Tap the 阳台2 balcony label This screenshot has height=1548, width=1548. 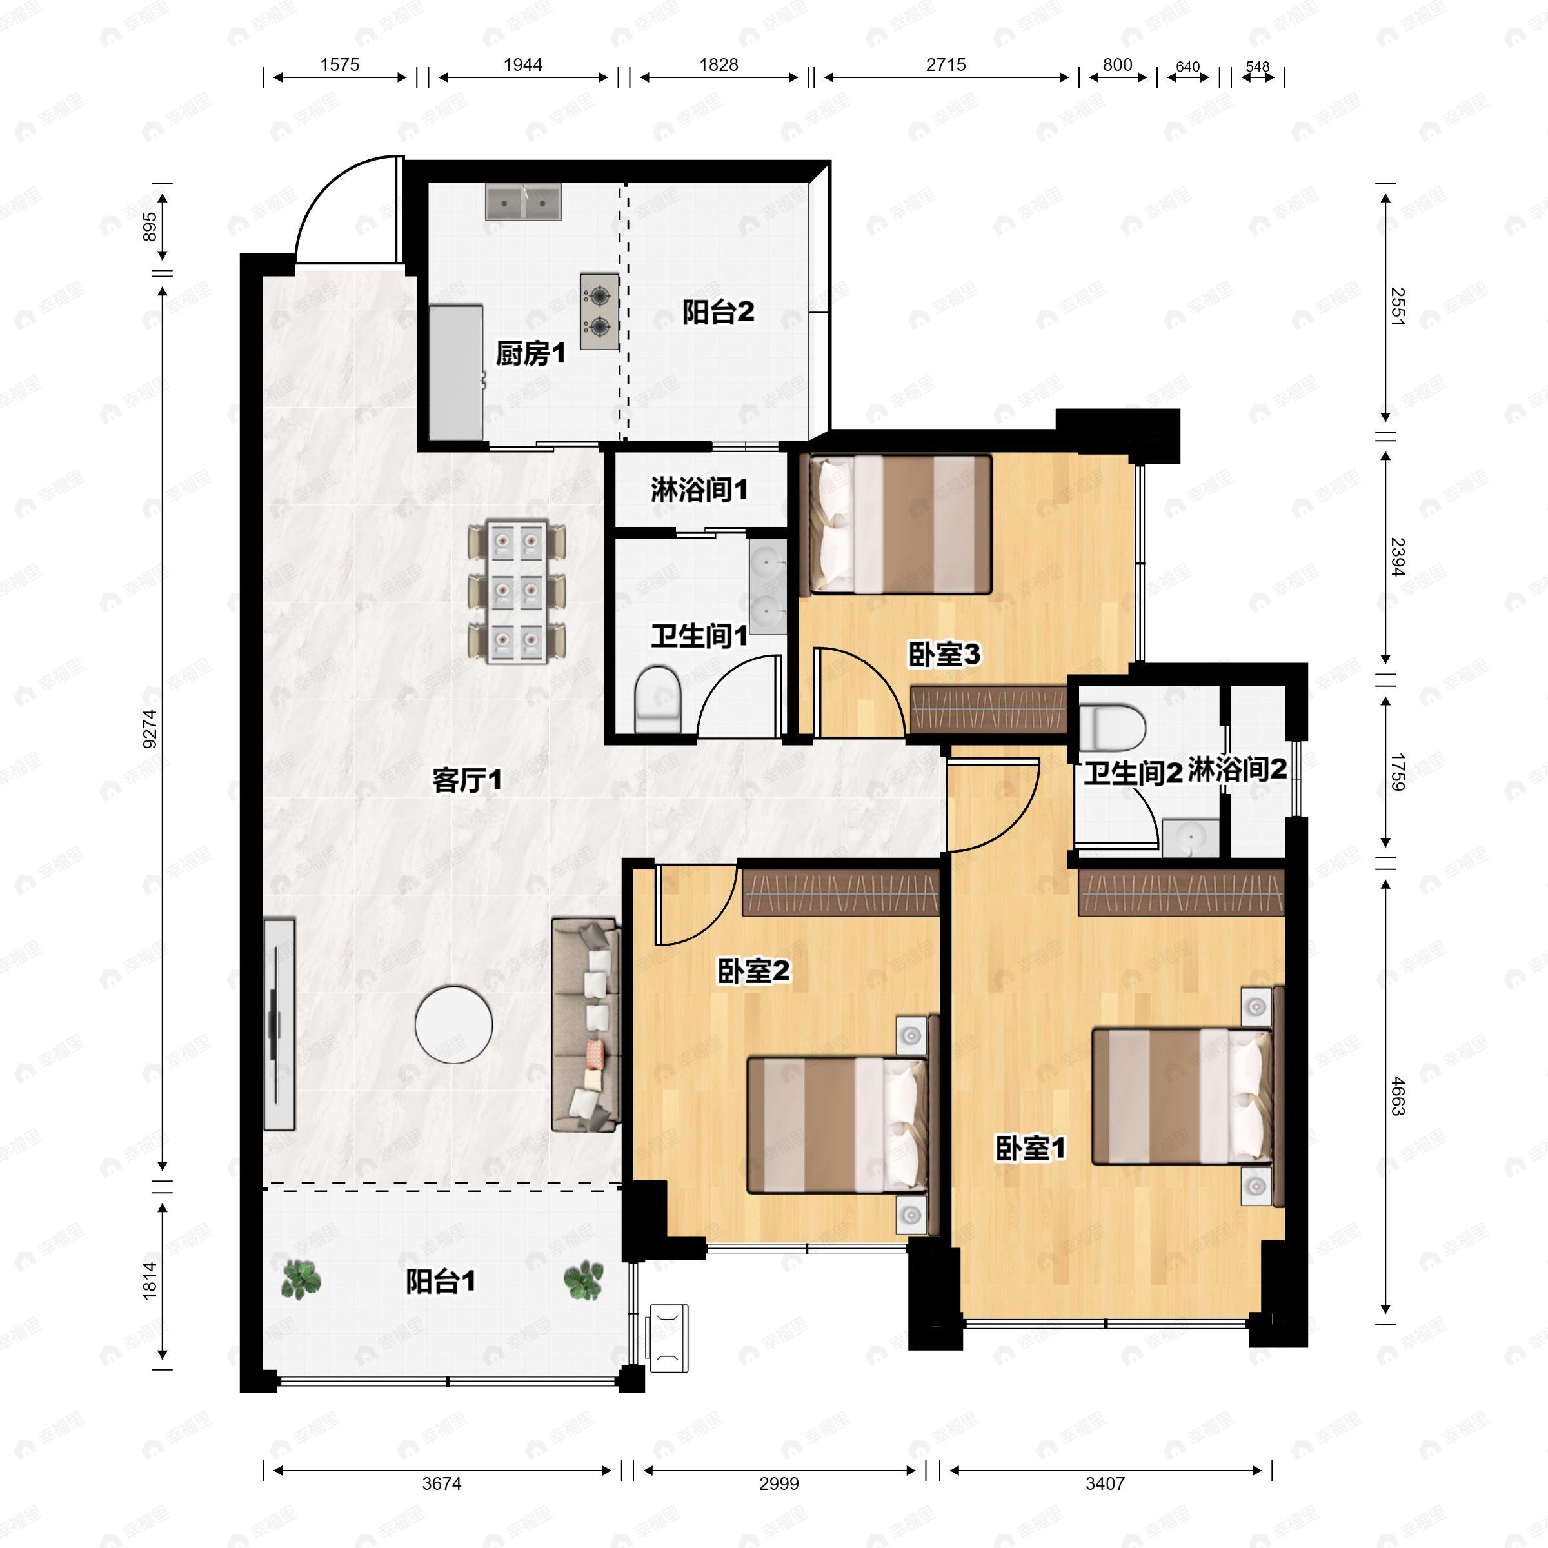(x=718, y=312)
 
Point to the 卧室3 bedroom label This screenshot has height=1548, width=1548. (x=944, y=655)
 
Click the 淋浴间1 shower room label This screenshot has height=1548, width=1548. (x=699, y=490)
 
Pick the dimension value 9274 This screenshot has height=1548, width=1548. (x=150, y=728)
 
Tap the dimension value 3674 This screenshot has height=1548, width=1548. (x=441, y=1483)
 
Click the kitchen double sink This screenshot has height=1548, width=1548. (x=523, y=203)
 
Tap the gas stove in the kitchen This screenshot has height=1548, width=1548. (x=599, y=312)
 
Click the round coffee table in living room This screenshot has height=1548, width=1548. (x=453, y=1024)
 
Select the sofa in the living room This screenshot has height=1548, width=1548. (x=586, y=1025)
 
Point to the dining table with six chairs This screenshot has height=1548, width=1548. (x=517, y=591)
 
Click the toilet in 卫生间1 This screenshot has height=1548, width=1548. (x=657, y=699)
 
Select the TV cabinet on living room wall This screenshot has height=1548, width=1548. (x=279, y=1024)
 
